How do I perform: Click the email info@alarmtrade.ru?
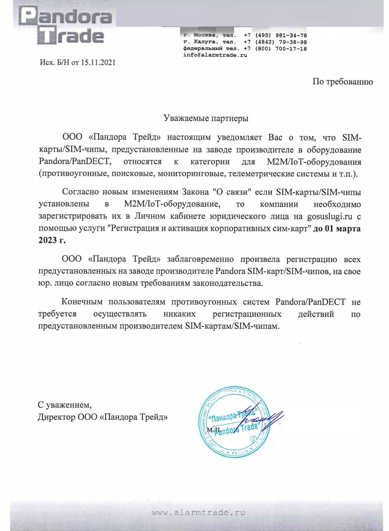[x=215, y=55]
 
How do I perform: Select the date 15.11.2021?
[x=98, y=62]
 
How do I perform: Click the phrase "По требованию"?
[x=343, y=82]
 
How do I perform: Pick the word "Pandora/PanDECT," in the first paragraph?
[x=73, y=162]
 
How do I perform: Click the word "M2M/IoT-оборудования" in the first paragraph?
[x=314, y=162]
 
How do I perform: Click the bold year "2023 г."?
[x=52, y=240]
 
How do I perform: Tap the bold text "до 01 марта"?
[x=337, y=229]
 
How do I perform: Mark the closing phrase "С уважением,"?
[x=64, y=405]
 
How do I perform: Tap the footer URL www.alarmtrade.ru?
[x=198, y=512]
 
